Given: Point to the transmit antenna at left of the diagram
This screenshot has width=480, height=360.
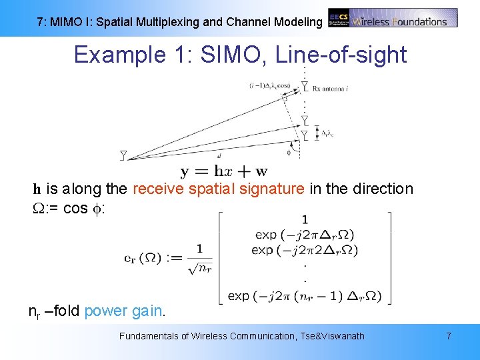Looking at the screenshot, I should [123, 155].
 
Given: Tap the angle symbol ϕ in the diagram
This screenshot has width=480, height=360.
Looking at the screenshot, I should [289, 152].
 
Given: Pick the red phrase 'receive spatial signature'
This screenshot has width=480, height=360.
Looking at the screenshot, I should [219, 189].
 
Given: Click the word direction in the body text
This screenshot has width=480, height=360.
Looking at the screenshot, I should [382, 189].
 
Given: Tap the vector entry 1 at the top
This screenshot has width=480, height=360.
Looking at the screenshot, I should [305, 219].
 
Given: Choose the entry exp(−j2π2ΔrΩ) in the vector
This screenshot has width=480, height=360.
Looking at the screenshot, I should [306, 250].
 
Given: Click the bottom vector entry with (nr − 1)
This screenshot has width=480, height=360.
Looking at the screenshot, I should [306, 295].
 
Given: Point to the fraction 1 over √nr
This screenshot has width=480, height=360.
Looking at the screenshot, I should [199, 259].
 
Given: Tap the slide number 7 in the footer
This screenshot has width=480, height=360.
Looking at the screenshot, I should [448, 336].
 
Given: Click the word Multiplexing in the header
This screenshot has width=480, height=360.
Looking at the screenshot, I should [167, 22].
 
